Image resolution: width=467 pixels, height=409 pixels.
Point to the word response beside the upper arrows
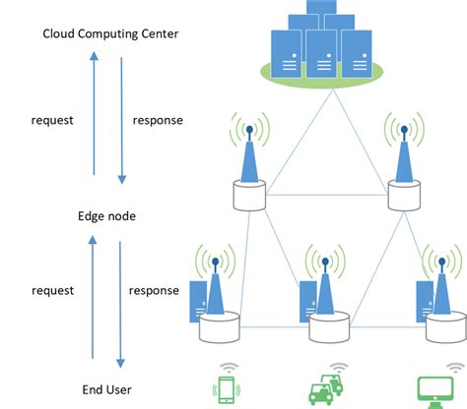click(x=157, y=121)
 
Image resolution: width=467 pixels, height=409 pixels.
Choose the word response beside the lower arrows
click(x=155, y=290)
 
